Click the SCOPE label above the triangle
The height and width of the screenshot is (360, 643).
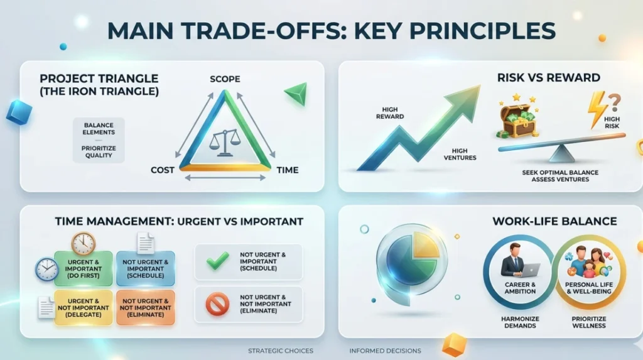pyautogui.click(x=225, y=79)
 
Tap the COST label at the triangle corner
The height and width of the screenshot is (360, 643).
pyautogui.click(x=163, y=170)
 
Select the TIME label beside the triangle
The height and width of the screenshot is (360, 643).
pyautogui.click(x=288, y=170)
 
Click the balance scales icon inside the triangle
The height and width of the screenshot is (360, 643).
pyautogui.click(x=224, y=143)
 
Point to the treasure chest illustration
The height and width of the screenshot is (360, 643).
pyautogui.click(x=517, y=118)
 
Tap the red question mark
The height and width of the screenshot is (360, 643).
pyautogui.click(x=614, y=102)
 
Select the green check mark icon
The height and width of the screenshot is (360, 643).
pyautogui.click(x=217, y=261)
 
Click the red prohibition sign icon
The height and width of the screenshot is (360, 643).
pyautogui.click(x=217, y=303)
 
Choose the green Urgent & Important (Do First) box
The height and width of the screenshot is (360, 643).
pyautogui.click(x=84, y=268)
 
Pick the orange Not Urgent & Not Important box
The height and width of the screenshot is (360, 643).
pyautogui.click(x=146, y=308)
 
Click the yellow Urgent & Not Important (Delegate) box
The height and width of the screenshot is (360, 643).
pyautogui.click(x=84, y=308)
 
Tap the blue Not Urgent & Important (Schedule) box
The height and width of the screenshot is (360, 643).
pyautogui.click(x=146, y=268)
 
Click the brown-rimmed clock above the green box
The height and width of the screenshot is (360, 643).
pyautogui.click(x=84, y=243)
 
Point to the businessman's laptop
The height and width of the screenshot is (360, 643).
pyautogui.click(x=530, y=270)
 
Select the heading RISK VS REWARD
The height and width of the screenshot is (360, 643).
pyautogui.click(x=549, y=77)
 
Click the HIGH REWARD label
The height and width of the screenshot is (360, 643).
pyautogui.click(x=390, y=113)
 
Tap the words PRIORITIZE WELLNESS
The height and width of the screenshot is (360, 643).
pyautogui.click(x=589, y=322)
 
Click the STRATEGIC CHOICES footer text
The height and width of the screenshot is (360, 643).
pyautogui.click(x=281, y=351)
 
